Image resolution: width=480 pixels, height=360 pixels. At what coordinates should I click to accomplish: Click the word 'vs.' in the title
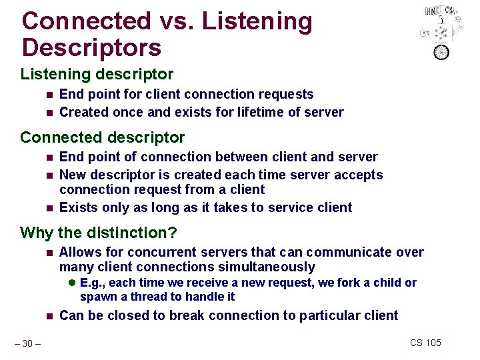pyautogui.click(x=175, y=21)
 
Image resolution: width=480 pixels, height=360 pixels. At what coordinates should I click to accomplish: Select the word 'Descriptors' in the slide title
pyautogui.click(x=91, y=48)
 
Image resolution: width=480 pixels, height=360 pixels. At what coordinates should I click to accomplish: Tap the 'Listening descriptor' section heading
pyautogui.click(x=97, y=74)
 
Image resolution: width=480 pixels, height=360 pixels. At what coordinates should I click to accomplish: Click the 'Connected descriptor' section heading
pyautogui.click(x=102, y=137)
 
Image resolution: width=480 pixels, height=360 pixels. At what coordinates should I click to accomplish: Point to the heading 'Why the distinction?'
pyautogui.click(x=99, y=233)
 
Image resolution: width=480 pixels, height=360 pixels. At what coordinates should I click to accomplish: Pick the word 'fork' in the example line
pyautogui.click(x=349, y=283)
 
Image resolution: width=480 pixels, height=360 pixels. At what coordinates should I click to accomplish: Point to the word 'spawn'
pyautogui.click(x=97, y=297)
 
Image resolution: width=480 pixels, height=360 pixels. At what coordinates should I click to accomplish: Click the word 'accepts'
pyautogui.click(x=358, y=175)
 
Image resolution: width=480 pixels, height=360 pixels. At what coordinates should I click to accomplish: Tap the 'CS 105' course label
pyautogui.click(x=425, y=343)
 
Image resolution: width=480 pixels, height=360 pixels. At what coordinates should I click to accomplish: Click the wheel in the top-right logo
pyautogui.click(x=441, y=51)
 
